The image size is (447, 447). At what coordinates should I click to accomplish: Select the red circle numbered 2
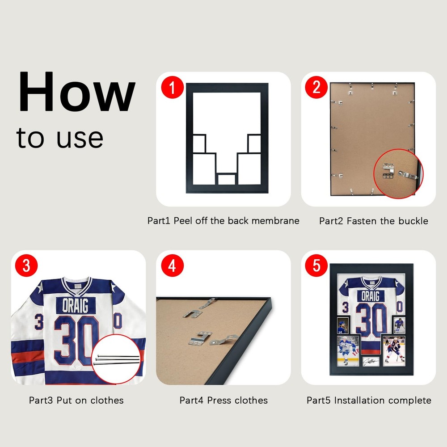coord(316,87)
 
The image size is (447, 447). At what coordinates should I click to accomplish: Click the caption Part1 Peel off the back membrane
coord(223,221)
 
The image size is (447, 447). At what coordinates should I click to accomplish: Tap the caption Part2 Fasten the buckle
coord(373,221)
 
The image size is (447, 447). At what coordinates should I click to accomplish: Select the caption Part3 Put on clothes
coord(76,400)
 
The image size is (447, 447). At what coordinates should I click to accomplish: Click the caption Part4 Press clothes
coord(223,400)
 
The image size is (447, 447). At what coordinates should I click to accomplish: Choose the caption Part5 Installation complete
coord(369,400)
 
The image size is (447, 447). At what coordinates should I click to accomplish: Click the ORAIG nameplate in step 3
coord(75,306)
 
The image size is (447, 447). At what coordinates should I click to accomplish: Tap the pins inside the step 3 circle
coord(117,359)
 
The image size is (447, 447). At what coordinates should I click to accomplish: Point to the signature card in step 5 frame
coord(371,359)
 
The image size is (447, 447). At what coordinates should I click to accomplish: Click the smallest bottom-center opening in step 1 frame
coord(226,179)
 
